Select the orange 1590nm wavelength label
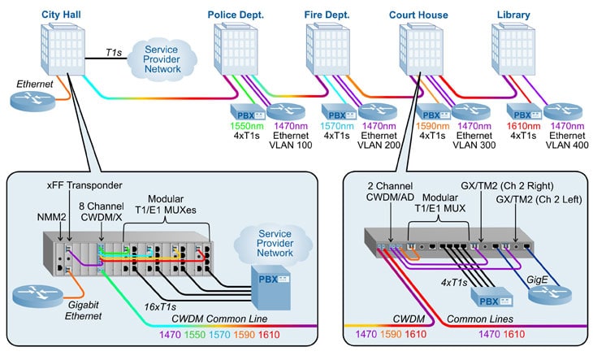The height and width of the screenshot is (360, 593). [x=432, y=128]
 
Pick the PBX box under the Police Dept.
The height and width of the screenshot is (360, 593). [x=246, y=112]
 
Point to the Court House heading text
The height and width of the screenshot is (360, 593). [x=419, y=15]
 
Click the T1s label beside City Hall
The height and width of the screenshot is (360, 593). [x=115, y=51]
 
